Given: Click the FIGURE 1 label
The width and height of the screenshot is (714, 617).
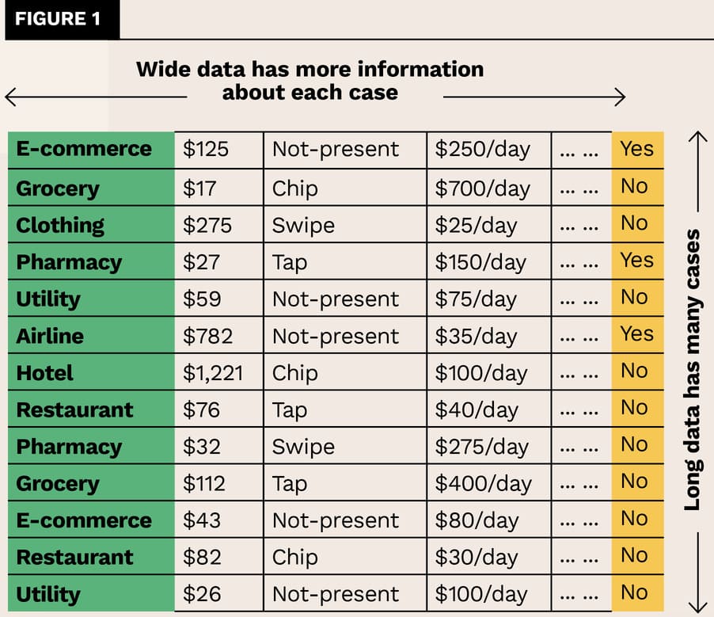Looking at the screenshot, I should [59, 19].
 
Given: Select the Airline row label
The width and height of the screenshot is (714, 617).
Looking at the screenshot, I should [51, 336].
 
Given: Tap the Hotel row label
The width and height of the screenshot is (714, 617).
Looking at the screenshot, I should [45, 373].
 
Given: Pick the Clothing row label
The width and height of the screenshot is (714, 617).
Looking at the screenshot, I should [60, 225].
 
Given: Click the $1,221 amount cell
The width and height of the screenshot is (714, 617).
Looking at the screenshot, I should [213, 373].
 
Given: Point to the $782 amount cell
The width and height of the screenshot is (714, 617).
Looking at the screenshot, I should [207, 336].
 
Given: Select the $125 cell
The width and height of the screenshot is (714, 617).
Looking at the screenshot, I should [206, 149].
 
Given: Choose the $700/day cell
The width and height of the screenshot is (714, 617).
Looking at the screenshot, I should [482, 189].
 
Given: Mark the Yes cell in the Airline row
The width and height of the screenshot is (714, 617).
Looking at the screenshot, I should [636, 334].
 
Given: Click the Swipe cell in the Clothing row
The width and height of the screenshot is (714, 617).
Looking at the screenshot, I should [303, 225].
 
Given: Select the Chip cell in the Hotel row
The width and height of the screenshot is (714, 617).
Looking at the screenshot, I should [295, 373].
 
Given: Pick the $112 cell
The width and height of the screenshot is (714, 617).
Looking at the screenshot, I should [204, 483].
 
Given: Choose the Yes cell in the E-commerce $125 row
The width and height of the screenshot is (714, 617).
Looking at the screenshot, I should [636, 149].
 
